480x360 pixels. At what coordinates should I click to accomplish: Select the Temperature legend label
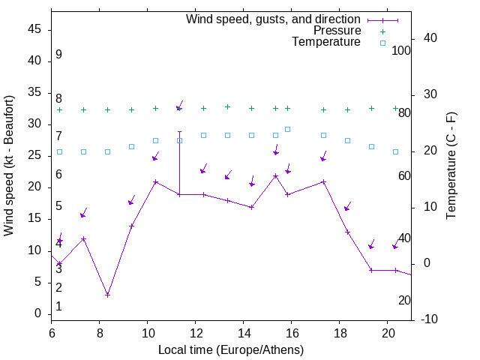(x=326, y=43)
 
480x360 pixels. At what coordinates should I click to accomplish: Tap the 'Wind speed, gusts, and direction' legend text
(x=273, y=19)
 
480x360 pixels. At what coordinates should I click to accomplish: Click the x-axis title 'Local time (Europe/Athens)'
(x=231, y=349)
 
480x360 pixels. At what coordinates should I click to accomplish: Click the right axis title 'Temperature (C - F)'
(x=451, y=166)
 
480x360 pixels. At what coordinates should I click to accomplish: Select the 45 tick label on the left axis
(x=34, y=29)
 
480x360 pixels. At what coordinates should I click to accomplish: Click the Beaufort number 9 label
(x=58, y=55)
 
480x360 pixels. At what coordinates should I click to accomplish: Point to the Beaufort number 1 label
(x=58, y=307)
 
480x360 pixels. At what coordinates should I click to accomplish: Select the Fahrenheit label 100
(x=401, y=50)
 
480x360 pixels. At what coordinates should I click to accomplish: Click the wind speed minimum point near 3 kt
(x=107, y=295)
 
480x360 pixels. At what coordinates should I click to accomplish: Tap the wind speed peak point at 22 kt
(x=275, y=175)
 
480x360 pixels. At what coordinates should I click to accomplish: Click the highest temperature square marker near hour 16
(x=287, y=129)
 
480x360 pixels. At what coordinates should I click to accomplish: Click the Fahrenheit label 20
(x=404, y=300)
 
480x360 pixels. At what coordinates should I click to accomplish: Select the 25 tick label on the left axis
(x=34, y=155)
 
